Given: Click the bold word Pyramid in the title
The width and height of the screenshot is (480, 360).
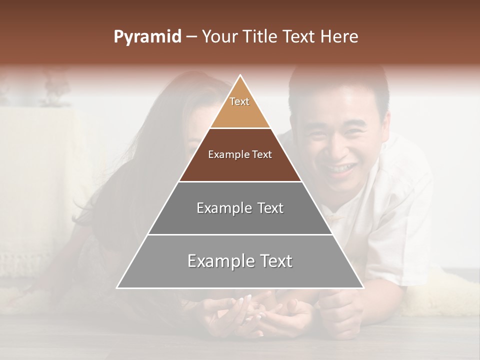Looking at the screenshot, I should pyautogui.click(x=147, y=37).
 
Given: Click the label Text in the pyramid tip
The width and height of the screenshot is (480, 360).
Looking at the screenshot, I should pyautogui.click(x=239, y=101).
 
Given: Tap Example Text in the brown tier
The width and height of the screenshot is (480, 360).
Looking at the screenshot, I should pyautogui.click(x=240, y=154).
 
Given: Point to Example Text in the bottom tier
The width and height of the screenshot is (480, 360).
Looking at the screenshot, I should pyautogui.click(x=240, y=261).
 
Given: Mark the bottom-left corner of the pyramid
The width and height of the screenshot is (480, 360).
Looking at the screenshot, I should pyautogui.click(x=117, y=287).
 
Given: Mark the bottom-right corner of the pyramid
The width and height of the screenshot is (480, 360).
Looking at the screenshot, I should pyautogui.click(x=363, y=287).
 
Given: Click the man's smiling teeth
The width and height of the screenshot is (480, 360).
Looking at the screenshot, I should pyautogui.click(x=341, y=168).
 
